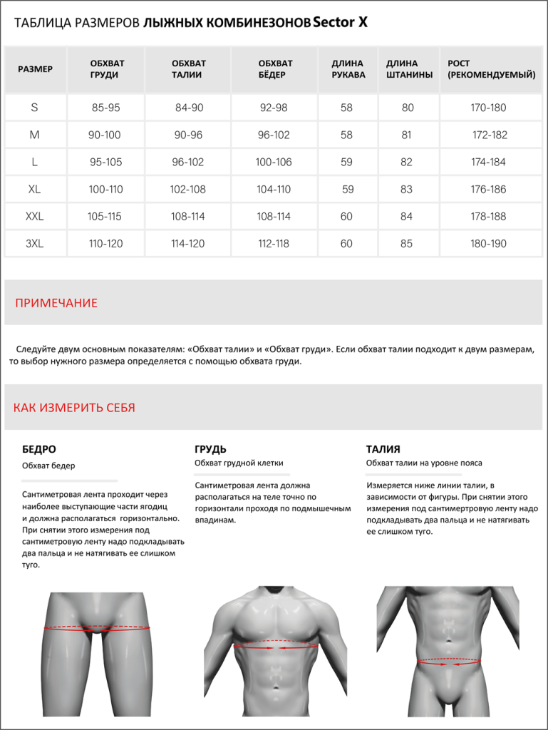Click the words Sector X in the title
point(341,23)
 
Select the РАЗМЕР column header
point(35,69)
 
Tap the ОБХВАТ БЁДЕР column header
point(275,69)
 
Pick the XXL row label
point(34,217)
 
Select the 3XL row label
point(34,244)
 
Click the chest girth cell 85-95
point(105,108)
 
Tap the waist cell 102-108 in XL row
point(188,190)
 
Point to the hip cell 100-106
point(274,163)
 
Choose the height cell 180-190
point(488,244)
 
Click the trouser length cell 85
point(407,244)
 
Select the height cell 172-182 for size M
point(490,135)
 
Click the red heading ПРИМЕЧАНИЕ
point(56,303)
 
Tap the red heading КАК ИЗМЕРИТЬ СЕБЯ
point(74,408)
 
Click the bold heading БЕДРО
point(39,449)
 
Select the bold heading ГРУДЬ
point(210,449)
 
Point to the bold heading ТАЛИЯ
point(383,449)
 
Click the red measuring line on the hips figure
point(98,628)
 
